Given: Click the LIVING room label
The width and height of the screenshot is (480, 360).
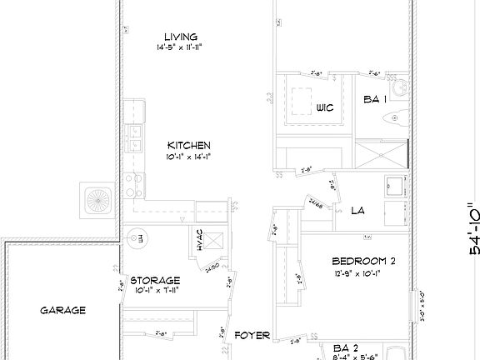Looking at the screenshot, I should [x=180, y=37].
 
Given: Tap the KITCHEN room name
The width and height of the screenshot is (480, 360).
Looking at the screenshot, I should [x=188, y=144].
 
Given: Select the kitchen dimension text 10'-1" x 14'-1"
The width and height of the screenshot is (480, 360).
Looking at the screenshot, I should [x=188, y=156].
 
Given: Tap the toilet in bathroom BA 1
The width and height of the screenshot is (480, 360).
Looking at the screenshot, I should [x=397, y=119].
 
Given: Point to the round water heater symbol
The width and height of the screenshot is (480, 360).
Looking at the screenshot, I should [x=132, y=238].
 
